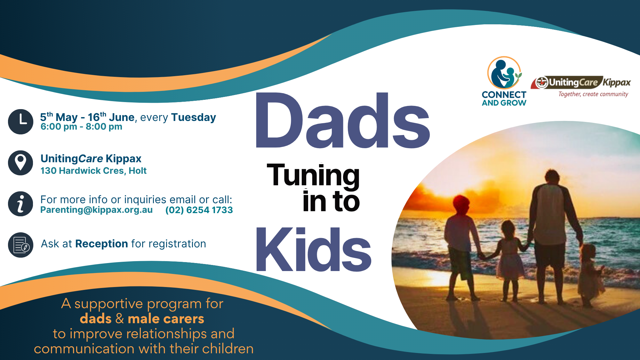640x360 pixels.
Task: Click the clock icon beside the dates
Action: [20, 122]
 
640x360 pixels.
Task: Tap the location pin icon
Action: [20, 163]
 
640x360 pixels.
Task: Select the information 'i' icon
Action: [20, 204]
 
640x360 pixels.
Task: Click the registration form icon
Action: [20, 245]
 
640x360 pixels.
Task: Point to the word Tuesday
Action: [194, 117]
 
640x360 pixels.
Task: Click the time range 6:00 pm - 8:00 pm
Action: [81, 127]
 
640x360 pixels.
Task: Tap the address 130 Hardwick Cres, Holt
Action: [93, 171]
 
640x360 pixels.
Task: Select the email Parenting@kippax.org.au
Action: [96, 210]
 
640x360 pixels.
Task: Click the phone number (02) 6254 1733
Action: [199, 210]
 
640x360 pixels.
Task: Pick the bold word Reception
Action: [102, 244]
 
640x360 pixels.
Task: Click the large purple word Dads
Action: [342, 121]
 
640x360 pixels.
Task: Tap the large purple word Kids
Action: [313, 250]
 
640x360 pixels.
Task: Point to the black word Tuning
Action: [313, 175]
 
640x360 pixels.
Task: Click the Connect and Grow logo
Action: [504, 81]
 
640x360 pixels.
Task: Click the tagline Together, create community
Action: [593, 94]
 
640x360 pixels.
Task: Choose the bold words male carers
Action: [166, 319]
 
